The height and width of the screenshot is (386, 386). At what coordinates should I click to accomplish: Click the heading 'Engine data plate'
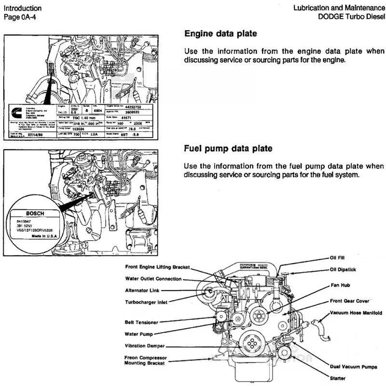221,34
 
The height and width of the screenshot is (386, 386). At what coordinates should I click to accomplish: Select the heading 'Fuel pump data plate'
228,148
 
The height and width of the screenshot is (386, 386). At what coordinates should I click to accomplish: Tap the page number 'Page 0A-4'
20,17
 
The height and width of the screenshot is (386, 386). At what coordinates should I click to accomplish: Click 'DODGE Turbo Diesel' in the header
351,17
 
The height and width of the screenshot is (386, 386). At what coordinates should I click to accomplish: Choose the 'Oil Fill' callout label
337,258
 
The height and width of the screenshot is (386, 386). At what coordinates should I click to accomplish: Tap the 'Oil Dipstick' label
343,269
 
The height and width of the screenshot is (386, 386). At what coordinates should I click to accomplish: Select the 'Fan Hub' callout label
340,285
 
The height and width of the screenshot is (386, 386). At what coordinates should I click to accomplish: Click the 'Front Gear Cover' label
349,301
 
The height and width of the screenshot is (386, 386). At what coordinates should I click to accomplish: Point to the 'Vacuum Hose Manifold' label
356,313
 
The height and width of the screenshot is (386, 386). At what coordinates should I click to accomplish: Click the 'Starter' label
338,378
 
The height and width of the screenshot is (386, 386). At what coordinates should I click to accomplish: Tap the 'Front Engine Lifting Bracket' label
157,267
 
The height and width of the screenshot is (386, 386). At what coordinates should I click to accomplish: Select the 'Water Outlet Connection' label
153,279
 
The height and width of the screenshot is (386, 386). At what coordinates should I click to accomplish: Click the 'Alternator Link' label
142,290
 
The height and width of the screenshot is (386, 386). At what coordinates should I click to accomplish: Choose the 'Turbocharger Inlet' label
146,302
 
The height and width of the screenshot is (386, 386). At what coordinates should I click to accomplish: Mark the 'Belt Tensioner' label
141,322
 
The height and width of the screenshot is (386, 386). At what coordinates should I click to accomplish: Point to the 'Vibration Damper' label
144,345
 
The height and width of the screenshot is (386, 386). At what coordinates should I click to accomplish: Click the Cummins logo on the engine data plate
16,112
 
